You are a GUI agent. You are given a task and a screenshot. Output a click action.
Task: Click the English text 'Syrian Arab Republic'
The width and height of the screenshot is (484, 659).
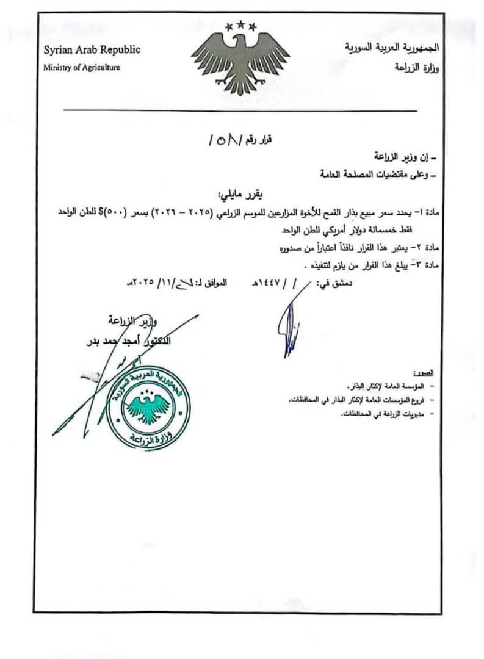92,50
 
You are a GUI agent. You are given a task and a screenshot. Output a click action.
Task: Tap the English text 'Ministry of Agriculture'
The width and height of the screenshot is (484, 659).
81,67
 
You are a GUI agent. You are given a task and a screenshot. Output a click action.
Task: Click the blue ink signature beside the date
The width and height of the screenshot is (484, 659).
288,326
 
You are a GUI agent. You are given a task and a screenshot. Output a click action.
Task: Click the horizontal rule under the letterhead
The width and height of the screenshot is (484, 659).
240,110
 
